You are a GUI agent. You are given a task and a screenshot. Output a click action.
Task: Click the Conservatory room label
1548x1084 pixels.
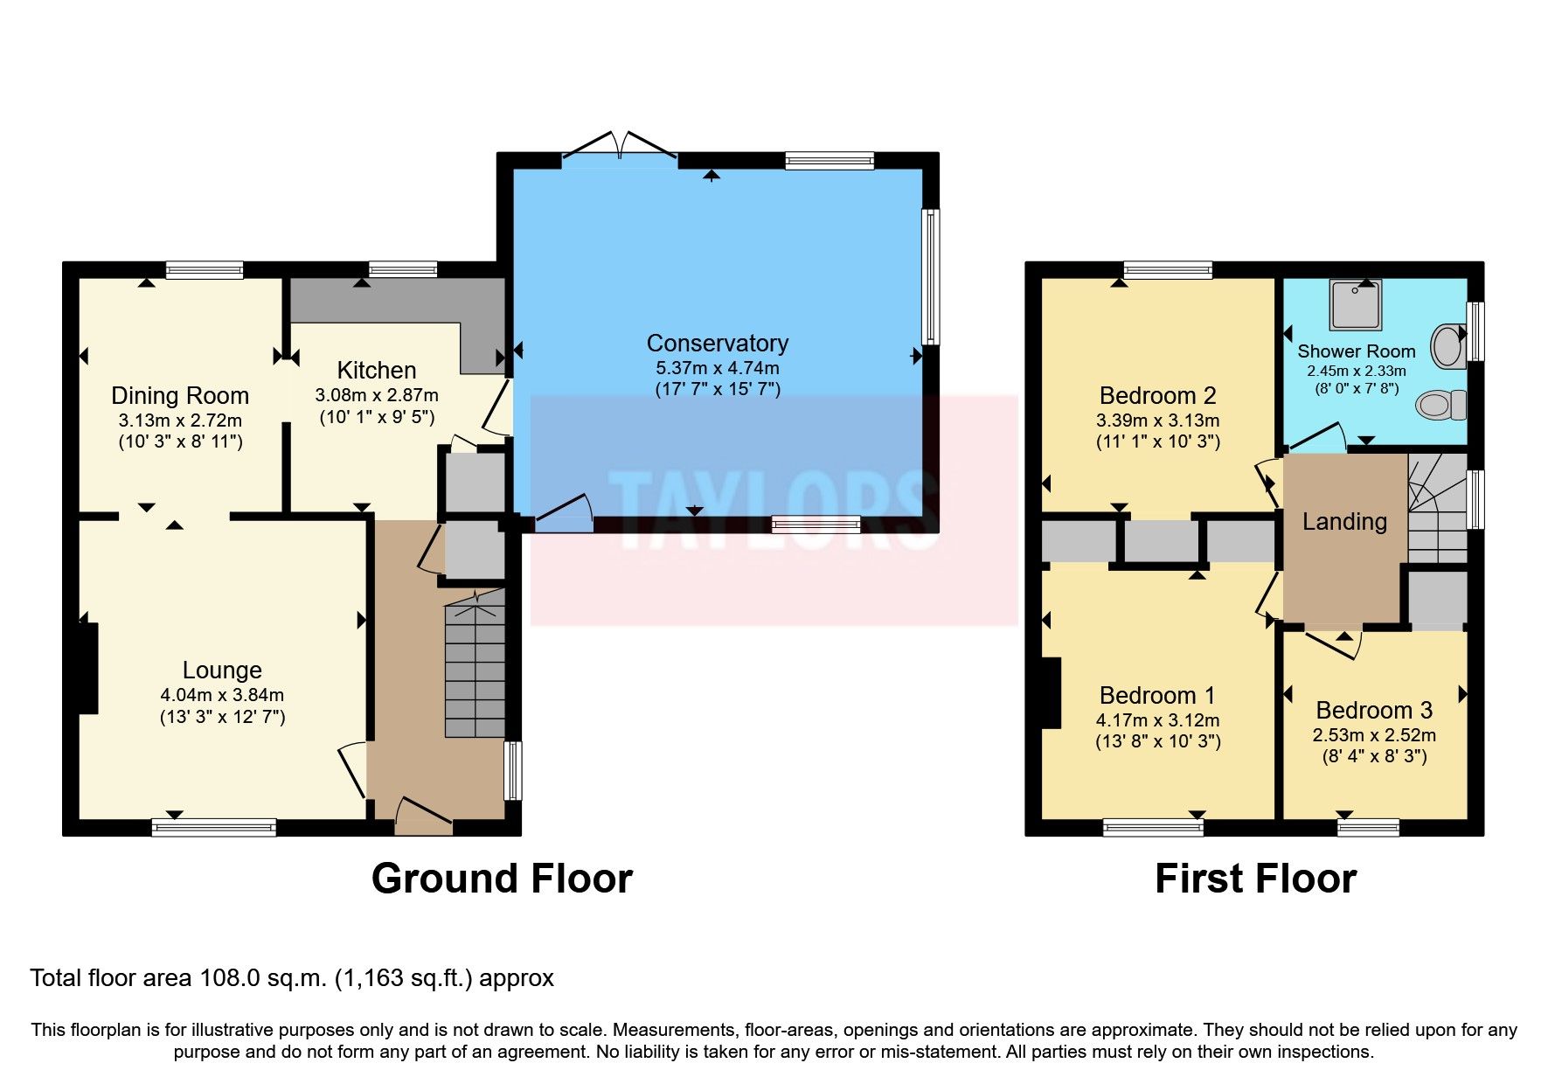(717, 343)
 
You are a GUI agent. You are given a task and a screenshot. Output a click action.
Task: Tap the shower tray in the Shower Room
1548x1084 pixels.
(1356, 305)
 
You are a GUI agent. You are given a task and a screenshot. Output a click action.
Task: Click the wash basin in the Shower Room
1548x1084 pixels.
(1447, 346)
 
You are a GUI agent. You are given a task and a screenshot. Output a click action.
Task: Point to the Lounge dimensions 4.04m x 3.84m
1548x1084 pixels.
(222, 695)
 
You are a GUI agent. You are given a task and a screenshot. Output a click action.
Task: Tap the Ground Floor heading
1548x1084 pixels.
(501, 878)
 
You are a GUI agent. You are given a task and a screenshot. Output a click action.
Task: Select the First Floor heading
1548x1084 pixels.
(1254, 878)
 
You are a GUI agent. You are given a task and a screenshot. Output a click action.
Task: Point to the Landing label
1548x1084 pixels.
(1344, 522)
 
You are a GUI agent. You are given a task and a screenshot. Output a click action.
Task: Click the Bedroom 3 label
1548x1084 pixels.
(1374, 710)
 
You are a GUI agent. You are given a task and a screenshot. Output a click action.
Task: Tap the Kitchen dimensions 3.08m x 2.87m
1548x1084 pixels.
(377, 395)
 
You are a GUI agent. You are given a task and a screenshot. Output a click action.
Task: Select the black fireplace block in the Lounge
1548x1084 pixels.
(88, 668)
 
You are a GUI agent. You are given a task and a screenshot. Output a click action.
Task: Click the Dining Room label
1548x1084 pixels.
(180, 396)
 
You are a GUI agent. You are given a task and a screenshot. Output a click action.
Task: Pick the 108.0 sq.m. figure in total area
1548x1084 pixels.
(263, 977)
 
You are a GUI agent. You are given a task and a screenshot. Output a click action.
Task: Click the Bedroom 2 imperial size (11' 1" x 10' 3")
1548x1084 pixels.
(1157, 441)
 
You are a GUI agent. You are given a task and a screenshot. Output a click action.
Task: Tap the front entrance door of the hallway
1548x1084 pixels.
(424, 813)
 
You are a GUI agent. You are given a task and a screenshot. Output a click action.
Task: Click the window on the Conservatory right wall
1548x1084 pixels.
(932, 276)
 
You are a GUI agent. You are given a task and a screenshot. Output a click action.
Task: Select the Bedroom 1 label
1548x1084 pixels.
(1157, 696)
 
